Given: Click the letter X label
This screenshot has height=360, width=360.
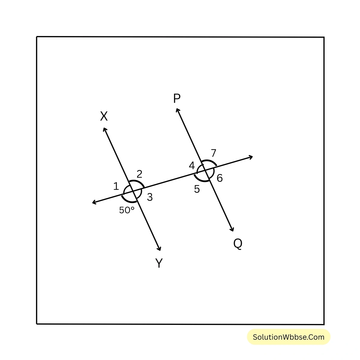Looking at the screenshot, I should tap(104, 116).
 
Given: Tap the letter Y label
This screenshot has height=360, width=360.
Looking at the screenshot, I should tap(159, 263).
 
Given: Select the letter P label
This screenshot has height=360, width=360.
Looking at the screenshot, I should tap(177, 98).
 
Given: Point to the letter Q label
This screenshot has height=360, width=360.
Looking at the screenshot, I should tap(238, 244).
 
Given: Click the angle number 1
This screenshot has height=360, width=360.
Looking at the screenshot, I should tap(116, 187).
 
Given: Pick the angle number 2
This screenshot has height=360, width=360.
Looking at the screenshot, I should tap(139, 174).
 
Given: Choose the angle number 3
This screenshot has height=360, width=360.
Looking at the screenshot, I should tap(150, 197).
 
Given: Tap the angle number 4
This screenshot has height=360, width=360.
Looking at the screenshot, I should tap(192, 165).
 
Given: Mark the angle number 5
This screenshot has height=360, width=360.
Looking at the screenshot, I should tap(197, 189).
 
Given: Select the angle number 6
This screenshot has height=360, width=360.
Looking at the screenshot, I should tap(220, 178).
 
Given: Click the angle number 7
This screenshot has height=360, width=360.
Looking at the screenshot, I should tap(213, 153).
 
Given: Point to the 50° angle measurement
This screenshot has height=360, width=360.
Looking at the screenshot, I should tap(127, 210).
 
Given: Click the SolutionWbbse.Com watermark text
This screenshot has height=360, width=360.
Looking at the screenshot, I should tap(289, 337).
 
